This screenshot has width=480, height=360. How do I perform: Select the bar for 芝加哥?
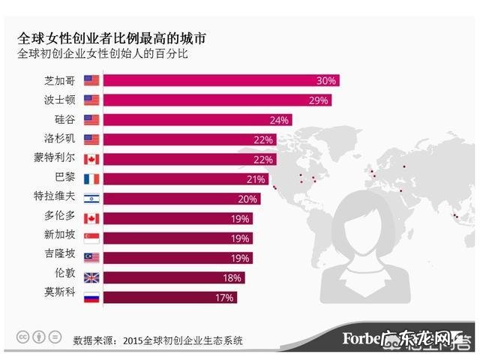[221, 80]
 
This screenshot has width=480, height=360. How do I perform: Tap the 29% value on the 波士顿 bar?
[320, 100]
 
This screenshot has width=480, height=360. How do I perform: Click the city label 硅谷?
[65, 119]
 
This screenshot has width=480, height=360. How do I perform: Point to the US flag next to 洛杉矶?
[91, 139]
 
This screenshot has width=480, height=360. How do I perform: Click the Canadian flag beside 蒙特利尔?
[91, 159]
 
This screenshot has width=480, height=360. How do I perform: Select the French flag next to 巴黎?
[91, 178]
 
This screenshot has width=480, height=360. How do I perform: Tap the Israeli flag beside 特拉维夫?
[91, 199]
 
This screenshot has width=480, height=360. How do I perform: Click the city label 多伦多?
[61, 218]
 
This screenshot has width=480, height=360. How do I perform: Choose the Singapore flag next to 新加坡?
[91, 238]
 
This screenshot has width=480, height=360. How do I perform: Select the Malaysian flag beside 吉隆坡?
[91, 257]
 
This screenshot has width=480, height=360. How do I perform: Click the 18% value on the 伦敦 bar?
[232, 277]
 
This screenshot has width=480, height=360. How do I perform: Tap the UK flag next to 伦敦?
[91, 277]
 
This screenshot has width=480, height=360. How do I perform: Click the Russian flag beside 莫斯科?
[91, 297]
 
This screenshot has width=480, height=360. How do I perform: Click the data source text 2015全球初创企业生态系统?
[184, 340]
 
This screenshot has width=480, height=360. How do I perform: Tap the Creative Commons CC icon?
[24, 336]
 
